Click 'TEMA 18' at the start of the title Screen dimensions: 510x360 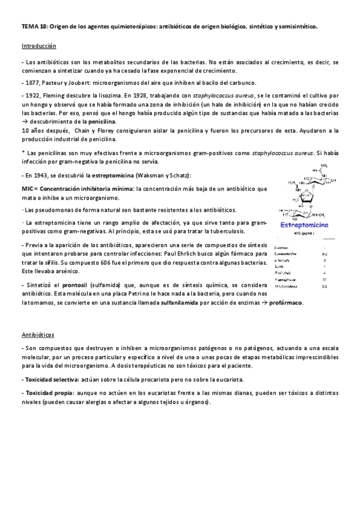[32, 27]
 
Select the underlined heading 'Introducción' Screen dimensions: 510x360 [38, 46]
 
